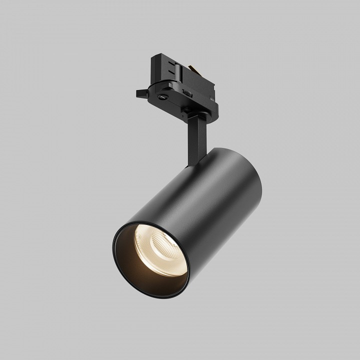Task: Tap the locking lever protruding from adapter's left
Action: pyautogui.click(x=141, y=93)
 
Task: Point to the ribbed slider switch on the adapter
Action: pyautogui.click(x=186, y=92)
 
